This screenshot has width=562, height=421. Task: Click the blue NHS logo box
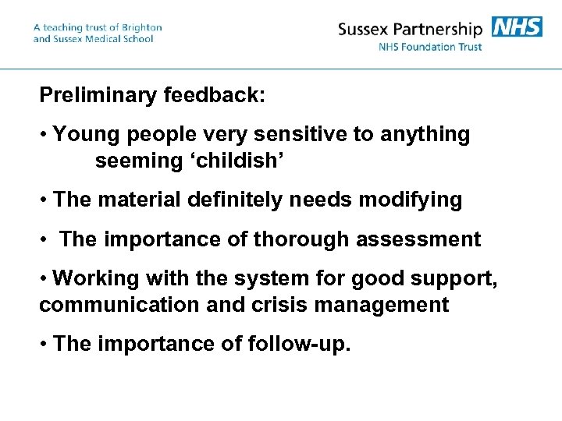(517, 27)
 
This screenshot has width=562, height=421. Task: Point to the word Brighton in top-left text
(137, 27)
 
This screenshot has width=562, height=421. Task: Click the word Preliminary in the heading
(99, 96)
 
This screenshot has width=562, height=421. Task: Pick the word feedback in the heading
(215, 96)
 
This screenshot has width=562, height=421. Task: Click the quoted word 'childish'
(240, 161)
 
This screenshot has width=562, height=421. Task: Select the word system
(265, 278)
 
